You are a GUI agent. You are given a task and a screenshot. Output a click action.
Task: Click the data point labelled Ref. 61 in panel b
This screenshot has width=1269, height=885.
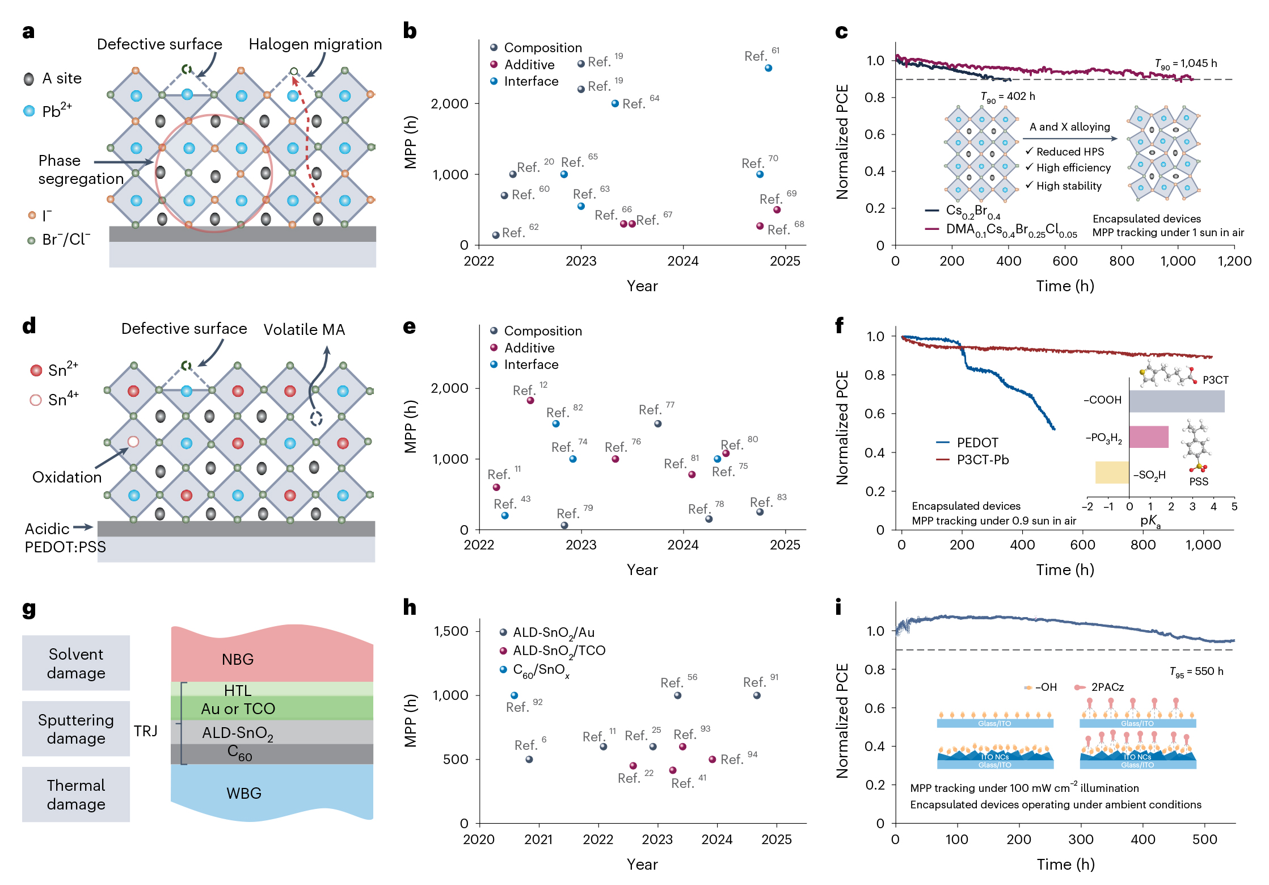tap(768, 68)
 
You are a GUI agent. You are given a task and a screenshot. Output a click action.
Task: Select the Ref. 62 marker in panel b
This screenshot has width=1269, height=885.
tap(496, 235)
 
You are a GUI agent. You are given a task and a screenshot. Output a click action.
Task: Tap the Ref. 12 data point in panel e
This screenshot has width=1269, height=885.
tap(530, 401)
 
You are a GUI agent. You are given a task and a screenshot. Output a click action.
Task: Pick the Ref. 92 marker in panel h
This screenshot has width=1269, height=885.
tap(515, 695)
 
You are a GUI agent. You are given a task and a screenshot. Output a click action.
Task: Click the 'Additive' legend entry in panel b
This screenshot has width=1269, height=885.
tap(529, 65)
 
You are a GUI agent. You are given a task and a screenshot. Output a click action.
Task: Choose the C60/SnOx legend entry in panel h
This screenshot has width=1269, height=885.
tap(541, 670)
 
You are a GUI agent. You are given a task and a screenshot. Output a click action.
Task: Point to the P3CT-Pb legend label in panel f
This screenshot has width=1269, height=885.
tap(983, 460)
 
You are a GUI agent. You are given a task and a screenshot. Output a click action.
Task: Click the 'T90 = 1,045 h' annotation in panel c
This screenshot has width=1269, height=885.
tap(1186, 64)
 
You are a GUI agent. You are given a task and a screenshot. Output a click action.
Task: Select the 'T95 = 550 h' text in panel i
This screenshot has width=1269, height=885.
tap(1196, 672)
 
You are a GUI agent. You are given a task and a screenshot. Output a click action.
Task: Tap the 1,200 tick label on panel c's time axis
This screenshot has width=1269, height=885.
tap(1234, 261)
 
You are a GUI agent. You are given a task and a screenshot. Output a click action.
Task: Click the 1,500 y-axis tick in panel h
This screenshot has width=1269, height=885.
tap(451, 631)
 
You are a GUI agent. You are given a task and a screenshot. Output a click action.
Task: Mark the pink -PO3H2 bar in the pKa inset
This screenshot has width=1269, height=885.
tap(1149, 437)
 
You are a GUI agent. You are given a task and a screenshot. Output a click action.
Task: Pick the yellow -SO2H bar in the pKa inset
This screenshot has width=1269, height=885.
tap(1112, 472)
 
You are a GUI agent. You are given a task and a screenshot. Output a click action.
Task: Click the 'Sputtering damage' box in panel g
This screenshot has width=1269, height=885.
tap(76, 729)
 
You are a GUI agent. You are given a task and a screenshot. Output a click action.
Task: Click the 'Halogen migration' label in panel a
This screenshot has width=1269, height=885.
tap(315, 44)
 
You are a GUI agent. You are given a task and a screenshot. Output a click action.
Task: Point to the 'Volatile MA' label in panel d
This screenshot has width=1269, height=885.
tap(304, 330)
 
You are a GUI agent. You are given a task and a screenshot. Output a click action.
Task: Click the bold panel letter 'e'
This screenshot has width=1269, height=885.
tap(409, 327)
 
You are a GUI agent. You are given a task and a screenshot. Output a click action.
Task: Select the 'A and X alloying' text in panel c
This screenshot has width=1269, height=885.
tap(1069, 127)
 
